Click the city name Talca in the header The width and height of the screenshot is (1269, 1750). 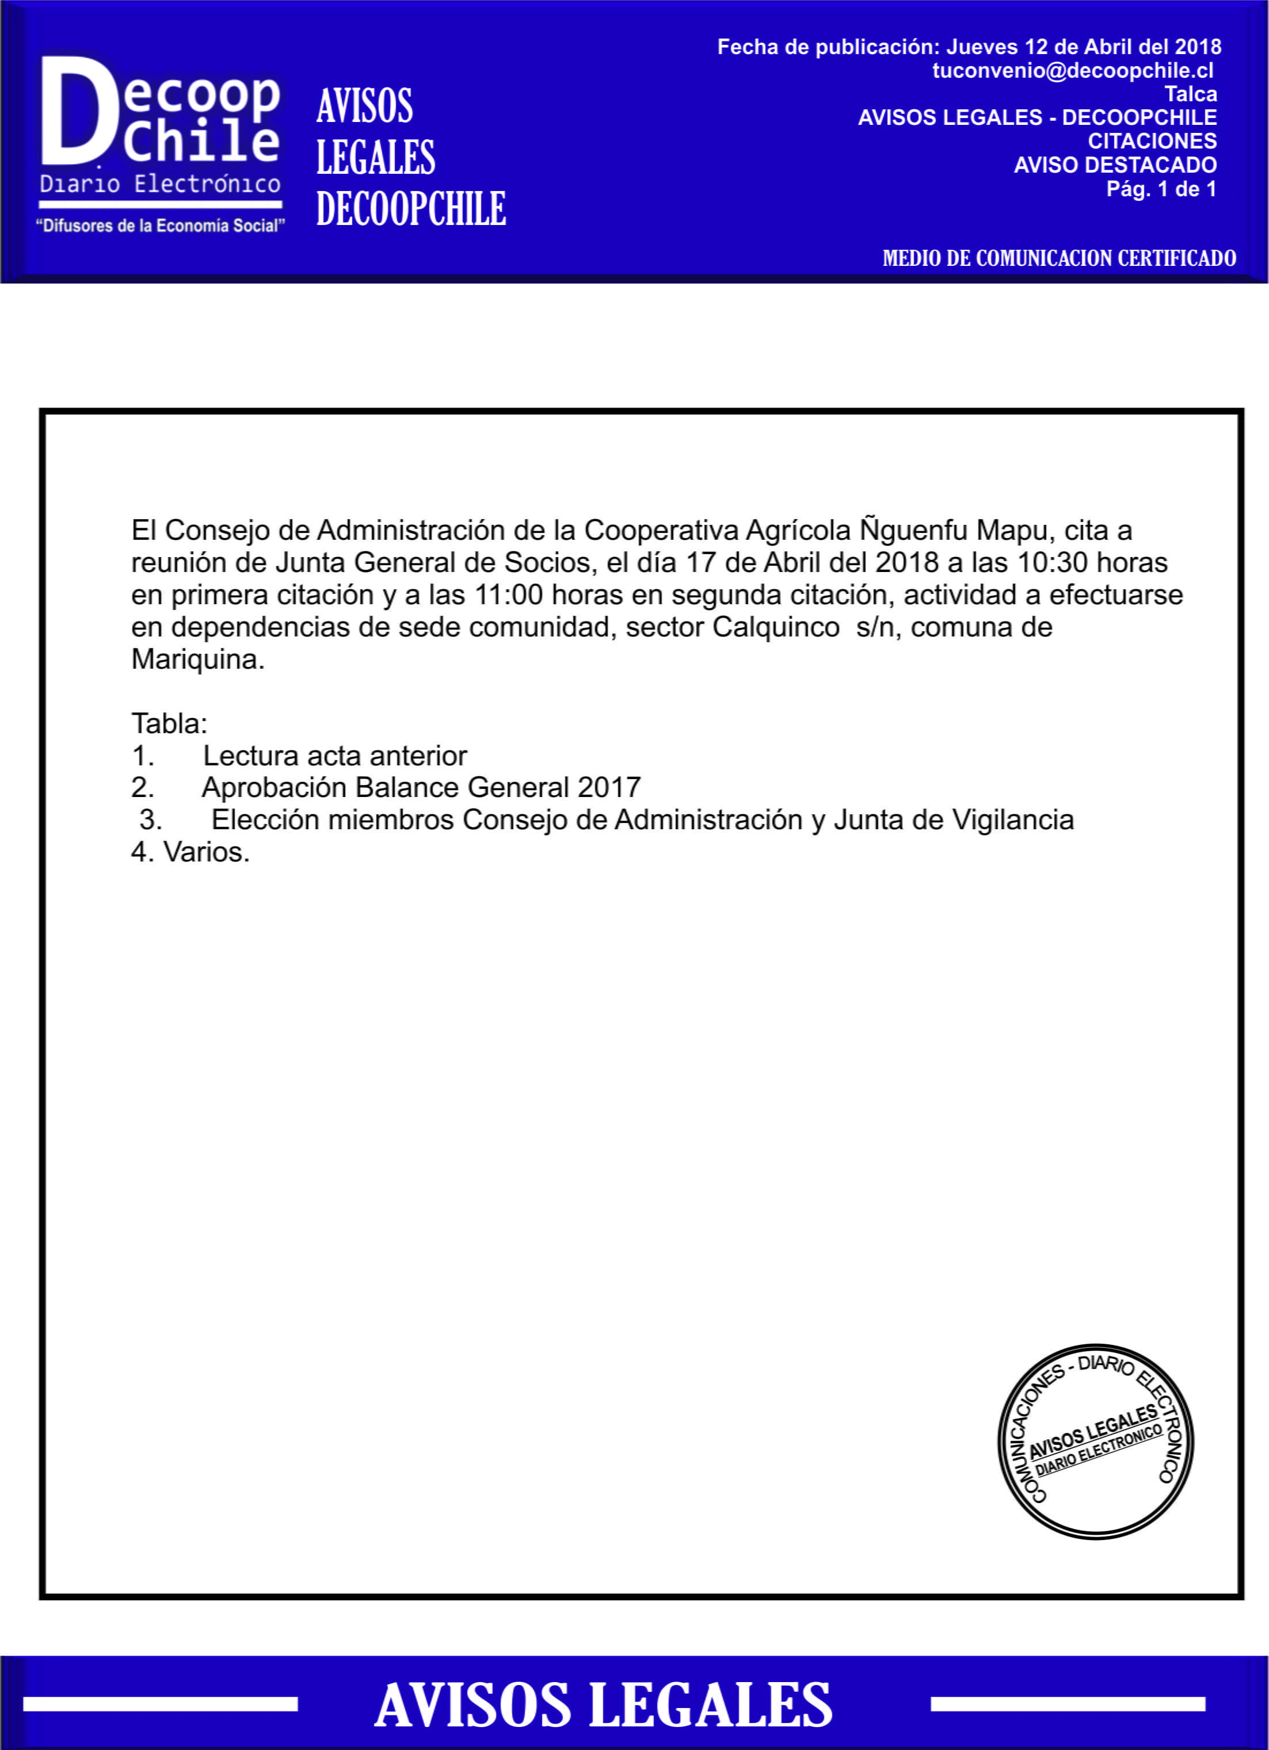click(x=1190, y=94)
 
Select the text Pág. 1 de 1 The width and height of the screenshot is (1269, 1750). click(x=1161, y=189)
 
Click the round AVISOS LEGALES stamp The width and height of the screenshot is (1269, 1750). click(x=1095, y=1442)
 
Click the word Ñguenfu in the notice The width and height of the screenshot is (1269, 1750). click(x=914, y=530)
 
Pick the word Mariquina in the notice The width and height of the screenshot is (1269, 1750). click(x=197, y=659)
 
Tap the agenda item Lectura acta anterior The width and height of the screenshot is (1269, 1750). click(x=335, y=756)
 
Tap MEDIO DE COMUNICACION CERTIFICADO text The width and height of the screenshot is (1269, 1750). click(x=1059, y=258)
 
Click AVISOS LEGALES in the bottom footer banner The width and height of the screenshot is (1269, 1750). click(x=603, y=1705)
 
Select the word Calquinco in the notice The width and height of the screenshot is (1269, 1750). click(x=775, y=627)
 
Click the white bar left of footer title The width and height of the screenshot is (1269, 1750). click(x=161, y=1705)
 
